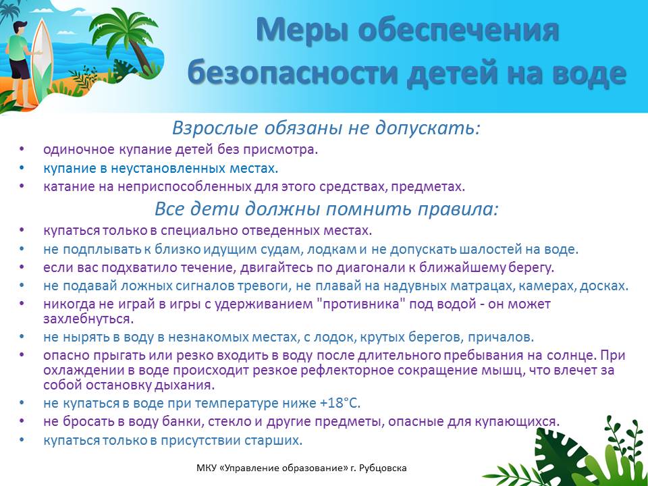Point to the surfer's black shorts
[20, 69]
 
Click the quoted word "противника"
[359, 304]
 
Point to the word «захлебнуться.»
[89, 319]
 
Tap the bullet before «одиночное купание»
[22, 149]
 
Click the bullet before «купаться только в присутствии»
[22, 439]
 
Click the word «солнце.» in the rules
[572, 356]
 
